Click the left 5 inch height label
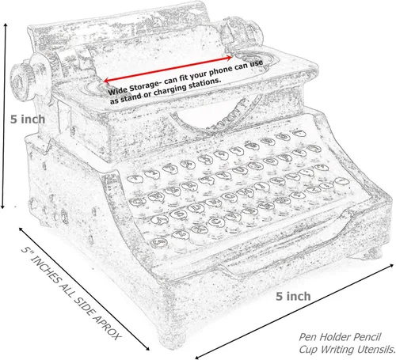[x=28, y=119]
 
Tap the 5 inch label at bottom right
[x=293, y=297]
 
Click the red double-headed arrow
[x=168, y=68]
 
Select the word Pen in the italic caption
[x=307, y=337]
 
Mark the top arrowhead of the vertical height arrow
[x=5, y=25]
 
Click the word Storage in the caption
[x=144, y=85]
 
